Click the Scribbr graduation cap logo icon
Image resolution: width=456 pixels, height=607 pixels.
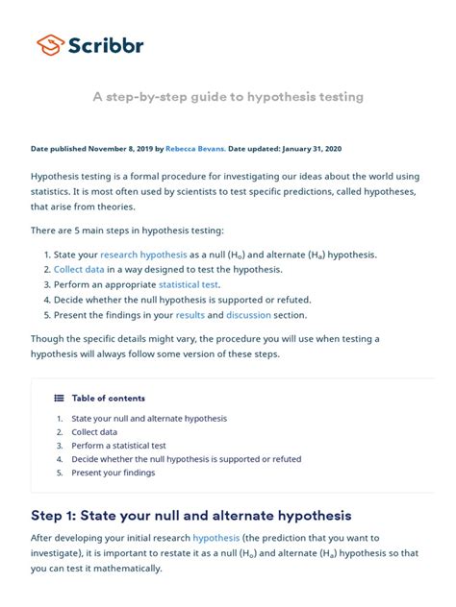click(x=50, y=44)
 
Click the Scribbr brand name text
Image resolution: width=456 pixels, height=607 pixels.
click(x=105, y=45)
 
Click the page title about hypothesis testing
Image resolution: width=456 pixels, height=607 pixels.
click(x=227, y=97)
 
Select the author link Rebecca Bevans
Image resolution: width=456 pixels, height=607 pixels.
click(x=195, y=149)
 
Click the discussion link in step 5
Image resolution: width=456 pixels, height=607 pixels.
click(x=248, y=315)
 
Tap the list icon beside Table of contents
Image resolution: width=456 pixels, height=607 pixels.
click(x=59, y=398)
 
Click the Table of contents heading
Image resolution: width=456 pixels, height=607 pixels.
click(x=108, y=398)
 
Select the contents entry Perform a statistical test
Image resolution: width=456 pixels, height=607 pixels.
click(x=118, y=446)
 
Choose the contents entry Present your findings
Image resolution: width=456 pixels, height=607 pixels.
click(x=113, y=473)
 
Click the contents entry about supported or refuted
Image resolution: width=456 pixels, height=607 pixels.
click(x=186, y=459)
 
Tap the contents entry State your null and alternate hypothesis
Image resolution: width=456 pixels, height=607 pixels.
click(x=149, y=419)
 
